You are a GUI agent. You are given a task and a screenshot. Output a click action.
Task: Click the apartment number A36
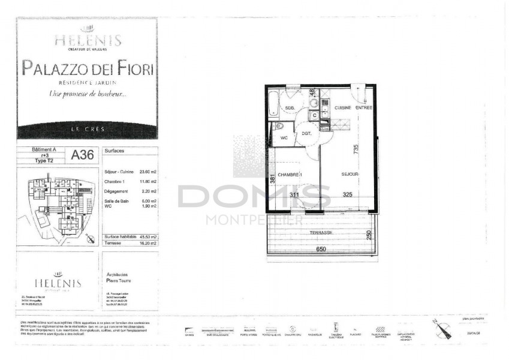pos(83,155)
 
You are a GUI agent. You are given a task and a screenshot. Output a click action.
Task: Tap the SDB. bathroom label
pos(290,109)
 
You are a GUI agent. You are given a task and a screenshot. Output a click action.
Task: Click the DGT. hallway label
pos(306,134)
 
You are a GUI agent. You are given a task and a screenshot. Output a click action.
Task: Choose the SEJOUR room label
pos(350,174)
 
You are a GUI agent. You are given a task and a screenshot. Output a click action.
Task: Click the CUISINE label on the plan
pos(342,107)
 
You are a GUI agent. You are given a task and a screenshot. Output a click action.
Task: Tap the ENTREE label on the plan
pos(363,107)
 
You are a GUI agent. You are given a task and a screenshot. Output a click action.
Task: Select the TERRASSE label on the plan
pos(322,232)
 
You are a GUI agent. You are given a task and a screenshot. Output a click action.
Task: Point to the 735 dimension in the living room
pos(356,149)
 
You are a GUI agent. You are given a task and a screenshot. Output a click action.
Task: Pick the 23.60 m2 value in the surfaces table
pos(147,171)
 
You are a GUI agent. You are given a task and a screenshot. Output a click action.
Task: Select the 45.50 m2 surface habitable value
pos(147,238)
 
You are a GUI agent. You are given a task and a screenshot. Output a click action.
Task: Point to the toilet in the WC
pos(278,127)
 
